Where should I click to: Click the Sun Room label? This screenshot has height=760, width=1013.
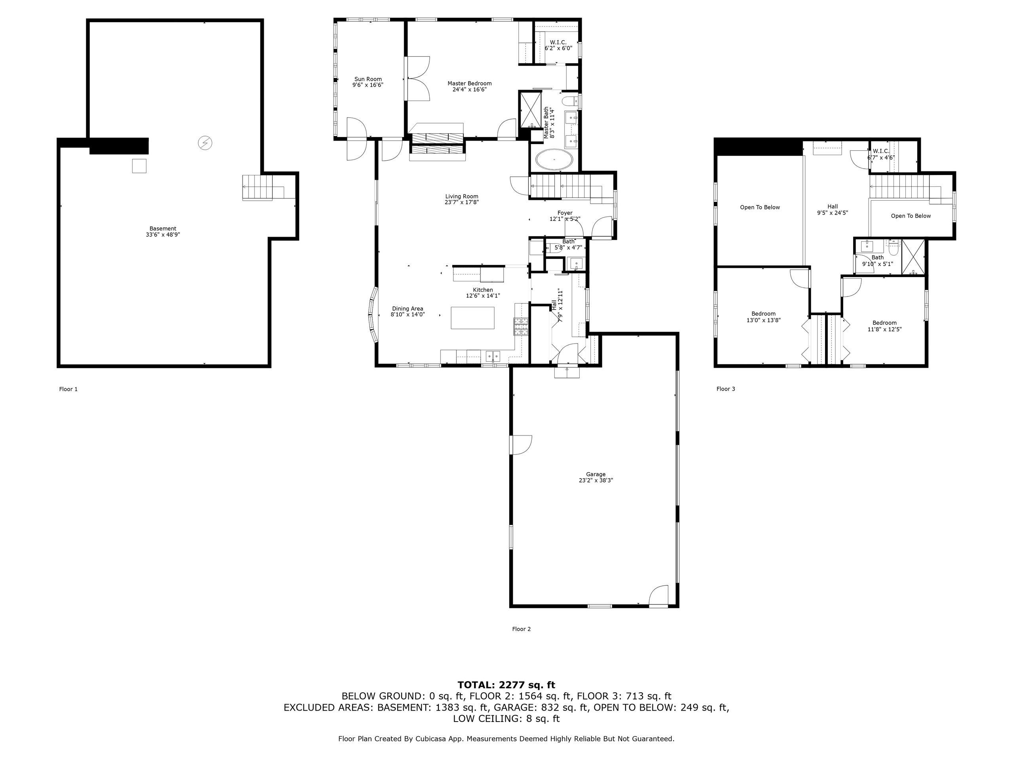pos(368,79)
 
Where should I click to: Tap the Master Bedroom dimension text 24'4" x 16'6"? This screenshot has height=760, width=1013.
pos(469,90)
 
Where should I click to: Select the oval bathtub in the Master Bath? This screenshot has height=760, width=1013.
pos(554,160)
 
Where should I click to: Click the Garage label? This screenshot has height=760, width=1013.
pos(596,474)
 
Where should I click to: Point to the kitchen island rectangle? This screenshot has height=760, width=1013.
pos(472,318)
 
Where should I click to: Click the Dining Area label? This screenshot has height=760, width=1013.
pos(408,308)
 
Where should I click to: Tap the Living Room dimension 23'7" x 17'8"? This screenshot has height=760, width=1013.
pos(462,202)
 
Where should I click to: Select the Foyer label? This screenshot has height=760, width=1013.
pos(565,213)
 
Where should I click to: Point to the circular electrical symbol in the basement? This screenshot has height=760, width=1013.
pos(205,143)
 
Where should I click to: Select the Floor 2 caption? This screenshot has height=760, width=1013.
pos(521,629)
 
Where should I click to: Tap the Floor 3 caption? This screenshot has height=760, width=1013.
pos(725,389)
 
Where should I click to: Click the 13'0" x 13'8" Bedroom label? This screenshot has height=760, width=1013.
pos(763,317)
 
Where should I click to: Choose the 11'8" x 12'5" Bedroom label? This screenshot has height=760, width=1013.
pos(884,326)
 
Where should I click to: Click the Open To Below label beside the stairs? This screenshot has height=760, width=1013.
pos(911,216)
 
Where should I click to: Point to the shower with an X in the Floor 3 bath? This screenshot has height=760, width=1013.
pos(913,257)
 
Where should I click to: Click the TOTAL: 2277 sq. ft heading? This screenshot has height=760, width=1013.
pos(506,685)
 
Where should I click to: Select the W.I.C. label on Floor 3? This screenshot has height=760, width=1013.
pos(881,151)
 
